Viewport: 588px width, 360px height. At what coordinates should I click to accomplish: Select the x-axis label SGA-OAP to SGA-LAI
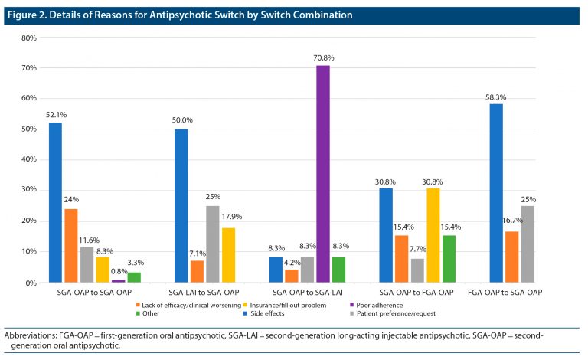point(307,293)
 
